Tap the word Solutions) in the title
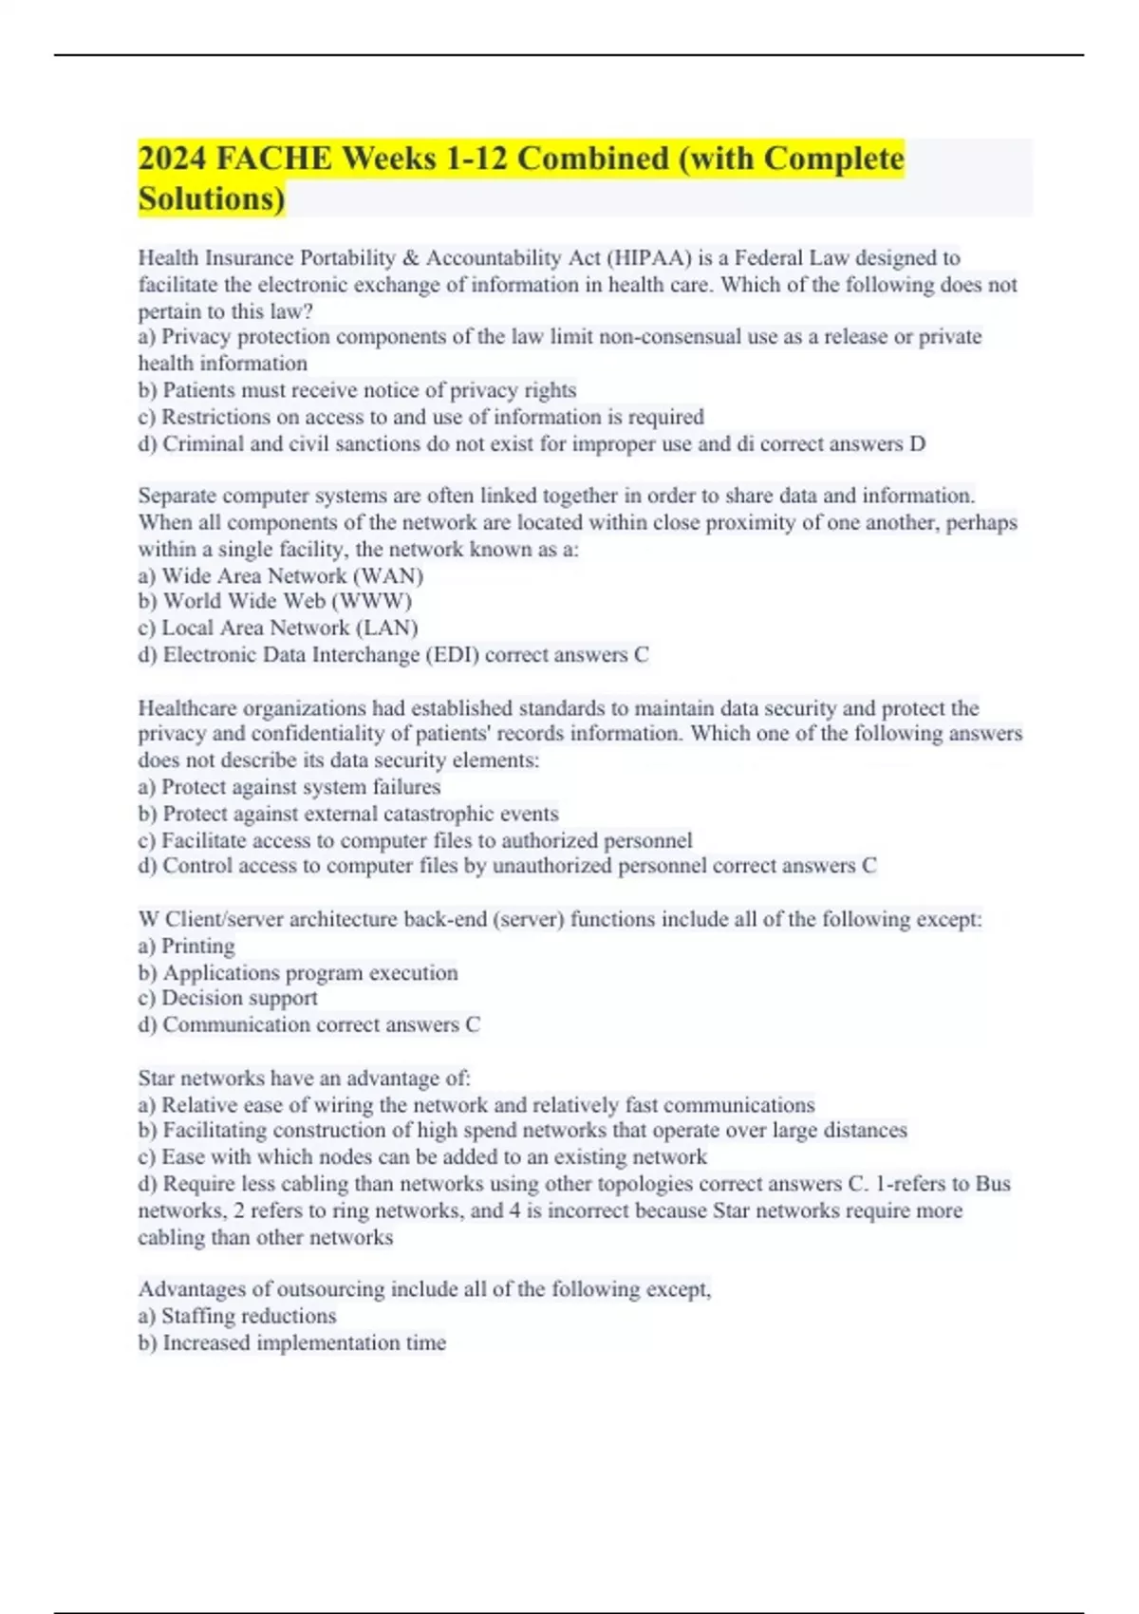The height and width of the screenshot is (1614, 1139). click(x=212, y=199)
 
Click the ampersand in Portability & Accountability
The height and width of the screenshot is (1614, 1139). click(x=411, y=258)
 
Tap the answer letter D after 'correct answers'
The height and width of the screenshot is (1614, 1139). click(x=917, y=444)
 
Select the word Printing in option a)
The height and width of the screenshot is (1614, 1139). click(x=198, y=947)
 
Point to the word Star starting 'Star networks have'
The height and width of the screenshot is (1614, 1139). click(x=157, y=1079)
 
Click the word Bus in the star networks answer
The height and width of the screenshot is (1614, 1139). click(x=993, y=1184)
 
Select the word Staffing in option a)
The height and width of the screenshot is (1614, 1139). click(x=201, y=1317)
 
